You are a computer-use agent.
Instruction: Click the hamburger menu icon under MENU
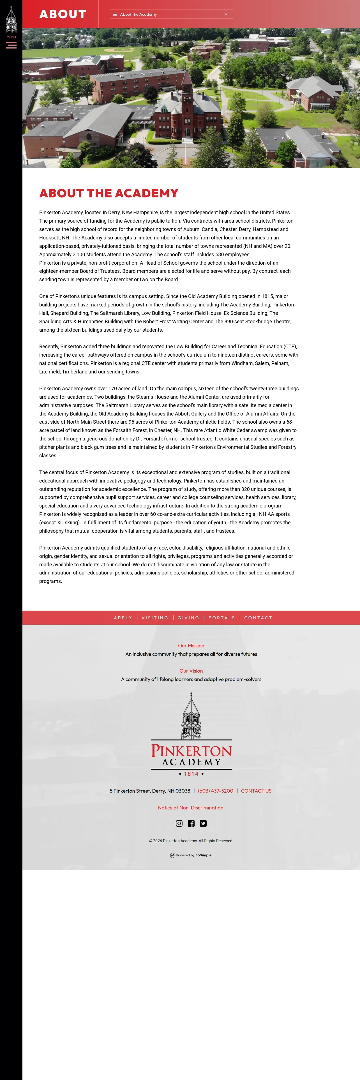[11, 45]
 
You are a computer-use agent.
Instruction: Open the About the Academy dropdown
[171, 14]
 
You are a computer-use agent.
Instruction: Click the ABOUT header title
[63, 14]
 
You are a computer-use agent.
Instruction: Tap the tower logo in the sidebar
[11, 19]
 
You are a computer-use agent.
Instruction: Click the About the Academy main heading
[109, 193]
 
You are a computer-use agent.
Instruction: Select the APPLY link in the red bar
[123, 618]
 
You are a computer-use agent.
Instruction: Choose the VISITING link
[155, 618]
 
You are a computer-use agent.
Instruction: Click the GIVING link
[188, 618]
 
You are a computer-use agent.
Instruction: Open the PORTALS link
[222, 618]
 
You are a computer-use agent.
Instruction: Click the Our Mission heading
[191, 646]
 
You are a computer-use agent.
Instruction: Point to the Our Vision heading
[191, 671]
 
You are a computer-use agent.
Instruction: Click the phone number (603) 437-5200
[215, 791]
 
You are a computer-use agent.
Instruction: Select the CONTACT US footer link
[256, 791]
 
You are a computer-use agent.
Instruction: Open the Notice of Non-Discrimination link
[191, 807]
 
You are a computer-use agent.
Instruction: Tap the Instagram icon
[179, 823]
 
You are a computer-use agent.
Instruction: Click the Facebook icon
[191, 823]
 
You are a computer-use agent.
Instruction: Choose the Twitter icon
[203, 823]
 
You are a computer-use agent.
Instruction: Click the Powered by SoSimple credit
[191, 855]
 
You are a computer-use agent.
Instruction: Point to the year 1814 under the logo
[191, 774]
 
